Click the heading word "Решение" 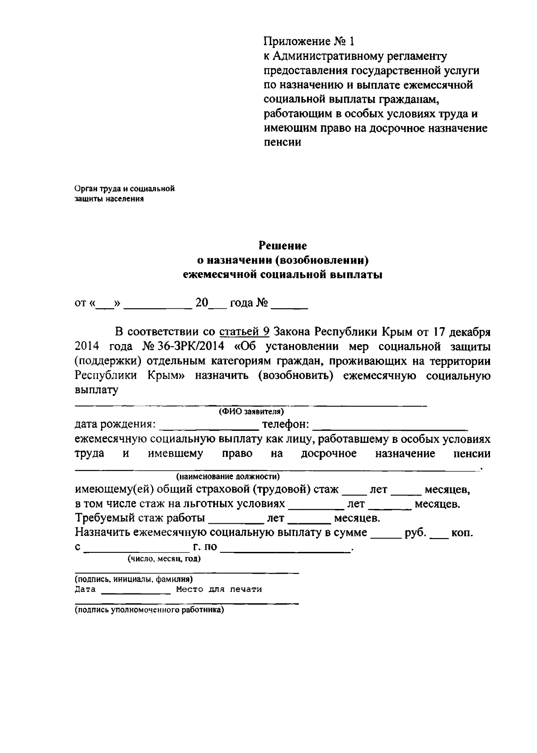283,246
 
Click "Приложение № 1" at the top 308,42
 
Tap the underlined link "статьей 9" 244,332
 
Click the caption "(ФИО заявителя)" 251,412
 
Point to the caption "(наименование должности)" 228,476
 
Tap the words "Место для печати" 219,589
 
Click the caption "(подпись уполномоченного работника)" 149,610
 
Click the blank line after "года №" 289,306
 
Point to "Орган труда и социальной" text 124,189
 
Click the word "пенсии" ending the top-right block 281,143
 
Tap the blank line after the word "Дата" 136,591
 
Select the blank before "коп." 439,534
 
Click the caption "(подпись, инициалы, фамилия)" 133,579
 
